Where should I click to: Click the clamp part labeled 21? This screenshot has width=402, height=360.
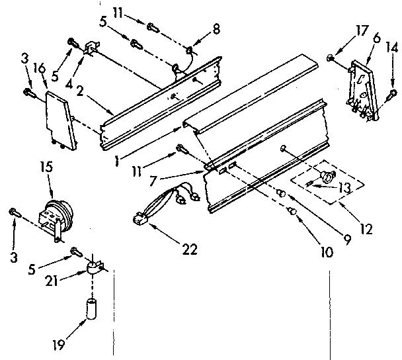[x=94, y=269]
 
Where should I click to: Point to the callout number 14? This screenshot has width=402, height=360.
[x=391, y=48]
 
